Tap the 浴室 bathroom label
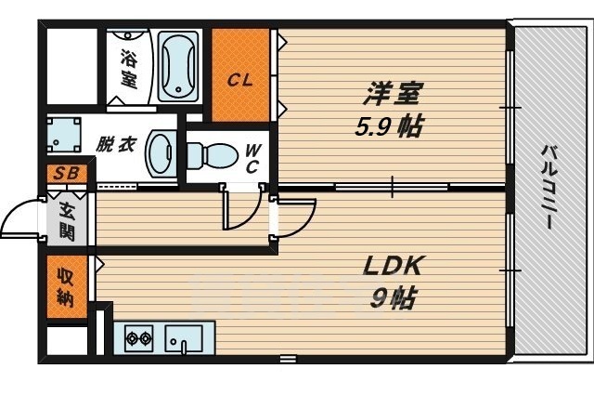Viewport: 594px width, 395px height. [128, 68]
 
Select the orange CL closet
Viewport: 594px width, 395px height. [240, 75]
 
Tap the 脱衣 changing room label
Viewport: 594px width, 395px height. [116, 145]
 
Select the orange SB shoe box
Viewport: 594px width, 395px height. [66, 174]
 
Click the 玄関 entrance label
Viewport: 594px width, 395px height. [67, 220]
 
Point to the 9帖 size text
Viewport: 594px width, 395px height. [393, 300]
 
